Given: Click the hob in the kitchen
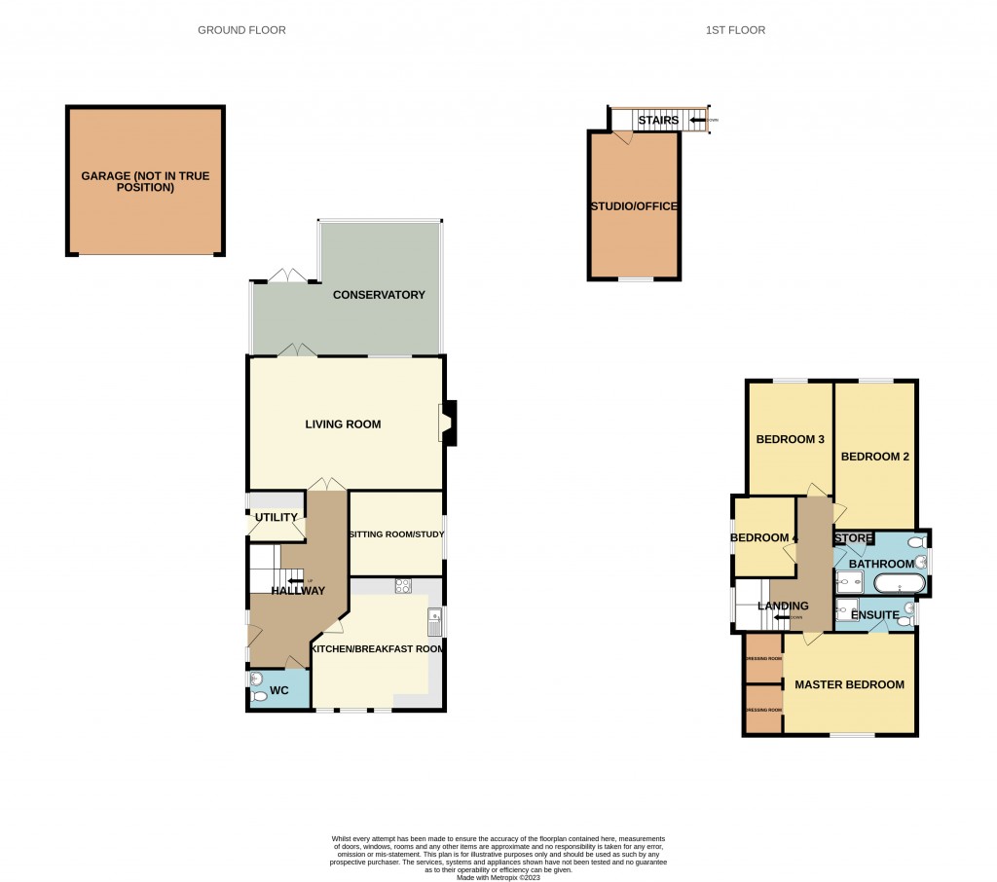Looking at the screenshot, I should point(404,586).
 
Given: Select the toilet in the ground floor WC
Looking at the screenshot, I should point(258,696).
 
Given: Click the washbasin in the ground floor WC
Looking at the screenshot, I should point(256,679).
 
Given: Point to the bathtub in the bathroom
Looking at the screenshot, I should point(899,584).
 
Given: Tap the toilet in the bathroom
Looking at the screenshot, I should point(915,542).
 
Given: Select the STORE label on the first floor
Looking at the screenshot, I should point(854,537).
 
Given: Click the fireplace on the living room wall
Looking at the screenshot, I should point(449,423).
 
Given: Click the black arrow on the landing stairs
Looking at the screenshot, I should point(785,617).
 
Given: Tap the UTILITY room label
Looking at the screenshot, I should point(277,517).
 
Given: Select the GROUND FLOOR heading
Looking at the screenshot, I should point(241,30).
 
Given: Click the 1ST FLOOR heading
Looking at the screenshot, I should point(735,30).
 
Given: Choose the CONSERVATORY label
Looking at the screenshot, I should point(379,295).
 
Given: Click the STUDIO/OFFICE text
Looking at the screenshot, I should point(633,206).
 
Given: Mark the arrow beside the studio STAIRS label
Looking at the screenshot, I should point(697,121).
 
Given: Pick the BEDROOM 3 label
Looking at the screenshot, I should point(791,440).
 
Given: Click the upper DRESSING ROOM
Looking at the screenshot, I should point(763,658).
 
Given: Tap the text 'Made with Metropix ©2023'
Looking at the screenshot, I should point(498,876).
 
